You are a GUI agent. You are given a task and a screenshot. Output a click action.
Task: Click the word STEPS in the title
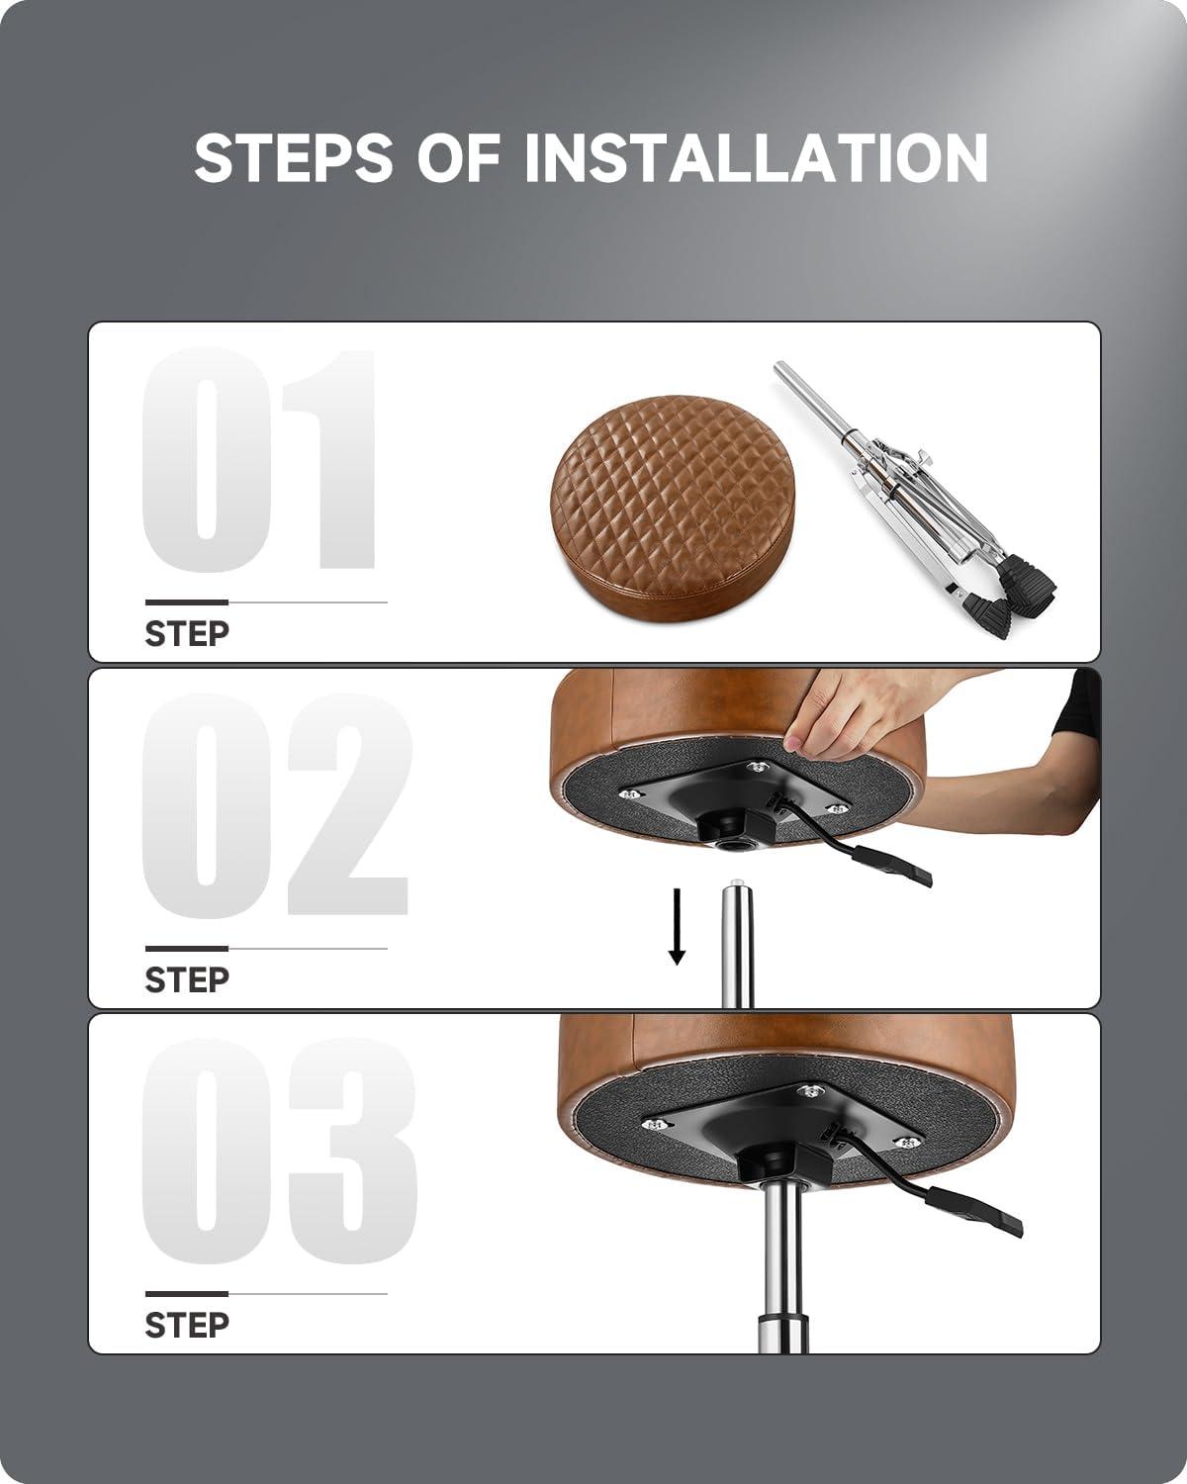coord(294,157)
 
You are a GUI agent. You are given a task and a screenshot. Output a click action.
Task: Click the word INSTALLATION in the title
coord(757,157)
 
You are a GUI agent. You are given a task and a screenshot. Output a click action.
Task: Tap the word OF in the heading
coord(459,157)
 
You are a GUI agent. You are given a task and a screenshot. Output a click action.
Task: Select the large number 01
coord(259,460)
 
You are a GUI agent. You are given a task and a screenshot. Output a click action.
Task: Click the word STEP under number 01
coord(187,634)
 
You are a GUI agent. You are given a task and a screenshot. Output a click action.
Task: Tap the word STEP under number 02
coord(187,979)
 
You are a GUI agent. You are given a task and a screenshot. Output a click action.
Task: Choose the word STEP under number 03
coord(187,1326)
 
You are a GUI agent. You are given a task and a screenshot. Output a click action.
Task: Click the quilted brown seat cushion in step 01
coord(674,508)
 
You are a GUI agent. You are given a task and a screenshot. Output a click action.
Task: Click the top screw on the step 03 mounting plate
coord(810,1090)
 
